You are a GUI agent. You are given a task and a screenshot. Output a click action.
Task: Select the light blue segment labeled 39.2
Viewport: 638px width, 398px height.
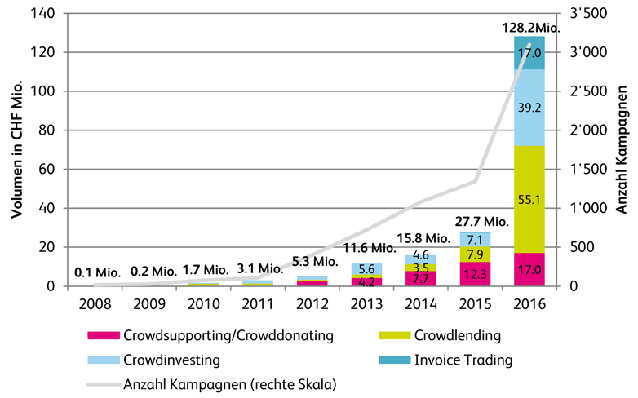(529, 107)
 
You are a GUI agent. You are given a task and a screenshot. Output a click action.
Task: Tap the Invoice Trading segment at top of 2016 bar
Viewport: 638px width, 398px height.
(529, 53)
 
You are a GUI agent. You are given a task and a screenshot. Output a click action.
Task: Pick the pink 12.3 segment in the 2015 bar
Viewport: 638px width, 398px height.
(475, 274)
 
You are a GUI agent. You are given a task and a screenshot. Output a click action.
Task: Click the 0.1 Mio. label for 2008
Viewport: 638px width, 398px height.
(97, 273)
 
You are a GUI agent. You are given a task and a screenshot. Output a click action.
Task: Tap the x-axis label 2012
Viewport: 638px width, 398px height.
(312, 304)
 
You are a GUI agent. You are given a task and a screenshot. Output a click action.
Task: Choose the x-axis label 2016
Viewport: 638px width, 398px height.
(529, 304)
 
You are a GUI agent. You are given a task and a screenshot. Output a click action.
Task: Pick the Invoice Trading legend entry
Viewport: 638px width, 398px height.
(457, 358)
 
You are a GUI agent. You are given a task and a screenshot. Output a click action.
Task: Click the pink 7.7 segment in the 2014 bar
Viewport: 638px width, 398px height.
(421, 279)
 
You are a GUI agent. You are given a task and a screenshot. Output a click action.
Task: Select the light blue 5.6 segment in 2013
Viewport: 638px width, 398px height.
(367, 269)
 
